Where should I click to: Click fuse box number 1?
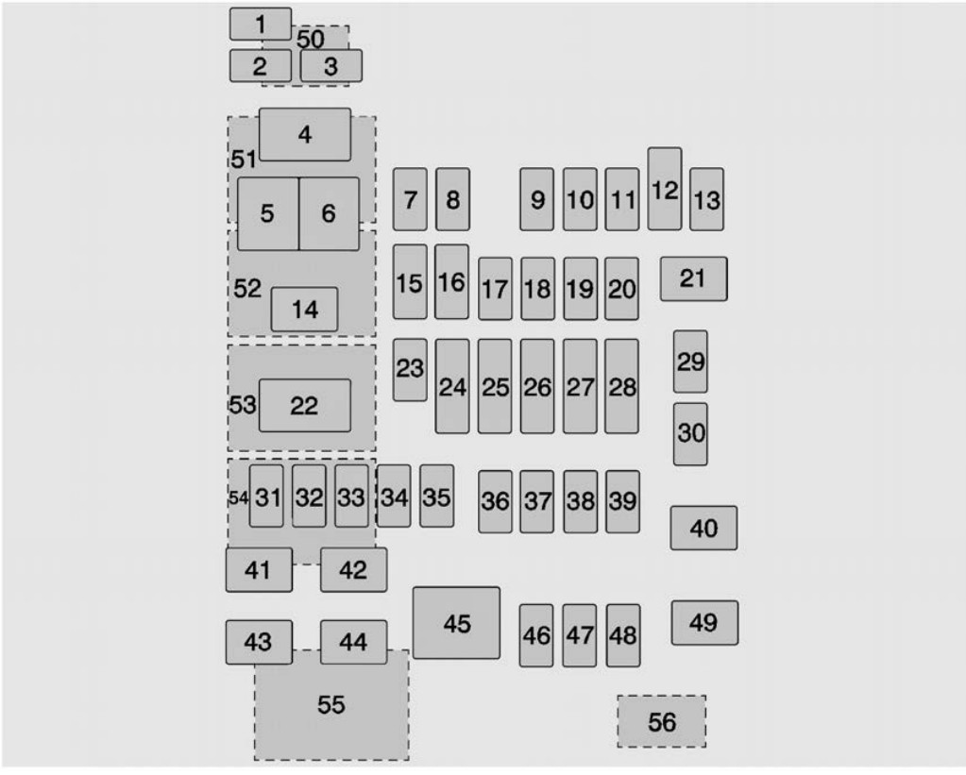click(261, 24)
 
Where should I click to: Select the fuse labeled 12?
click(665, 189)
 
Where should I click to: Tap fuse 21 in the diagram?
click(694, 279)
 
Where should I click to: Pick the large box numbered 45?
click(456, 623)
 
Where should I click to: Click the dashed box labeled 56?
click(662, 721)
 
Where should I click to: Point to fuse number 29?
click(690, 362)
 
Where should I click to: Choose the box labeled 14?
click(304, 310)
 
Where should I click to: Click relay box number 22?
click(305, 405)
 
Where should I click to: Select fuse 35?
click(437, 496)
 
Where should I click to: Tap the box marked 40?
click(703, 528)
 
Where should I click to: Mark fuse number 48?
click(623, 635)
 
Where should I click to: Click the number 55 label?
click(330, 705)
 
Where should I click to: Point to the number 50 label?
click(311, 39)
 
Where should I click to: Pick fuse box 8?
click(453, 199)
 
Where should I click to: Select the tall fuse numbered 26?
click(537, 386)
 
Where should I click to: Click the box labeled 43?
click(259, 642)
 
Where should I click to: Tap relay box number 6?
click(329, 213)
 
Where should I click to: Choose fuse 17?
click(496, 289)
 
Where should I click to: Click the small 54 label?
click(238, 497)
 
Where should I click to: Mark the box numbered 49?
click(704, 623)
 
